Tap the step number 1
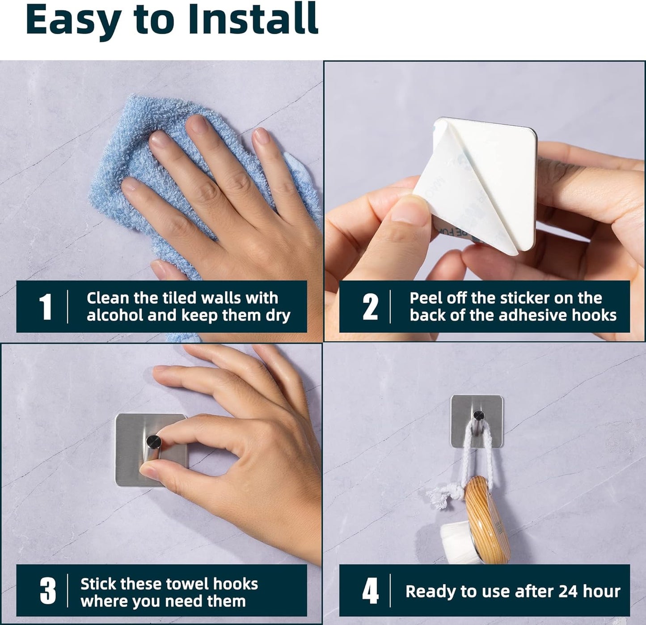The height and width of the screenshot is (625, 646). click(45, 307)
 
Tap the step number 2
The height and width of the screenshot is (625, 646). click(370, 307)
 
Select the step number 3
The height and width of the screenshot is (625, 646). click(48, 591)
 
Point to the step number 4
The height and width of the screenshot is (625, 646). click(371, 591)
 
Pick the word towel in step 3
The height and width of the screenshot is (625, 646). click(187, 584)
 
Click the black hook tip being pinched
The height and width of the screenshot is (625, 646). click(154, 442)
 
